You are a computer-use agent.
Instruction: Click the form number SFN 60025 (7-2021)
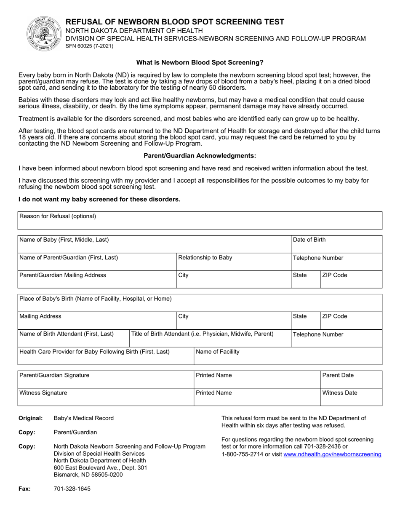pyautogui.click(x=89, y=46)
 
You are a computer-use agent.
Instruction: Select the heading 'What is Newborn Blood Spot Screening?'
pyautogui.click(x=200, y=62)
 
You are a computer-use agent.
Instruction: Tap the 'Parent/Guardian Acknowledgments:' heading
pyautogui.click(x=200, y=155)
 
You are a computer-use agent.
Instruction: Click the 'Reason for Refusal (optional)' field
pyautogui.click(x=200, y=220)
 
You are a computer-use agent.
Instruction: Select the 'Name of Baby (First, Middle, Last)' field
pyautogui.click(x=154, y=244)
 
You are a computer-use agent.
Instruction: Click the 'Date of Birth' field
pyautogui.click(x=336, y=244)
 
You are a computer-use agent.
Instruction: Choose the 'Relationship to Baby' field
pyautogui.click(x=233, y=262)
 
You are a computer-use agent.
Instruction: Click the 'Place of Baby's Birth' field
pyautogui.click(x=200, y=303)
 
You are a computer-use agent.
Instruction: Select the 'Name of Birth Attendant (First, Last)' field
pyautogui.click(x=73, y=338)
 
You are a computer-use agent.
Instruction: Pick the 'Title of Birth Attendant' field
pyautogui.click(x=210, y=338)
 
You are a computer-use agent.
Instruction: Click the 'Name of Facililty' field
pyautogui.click(x=288, y=356)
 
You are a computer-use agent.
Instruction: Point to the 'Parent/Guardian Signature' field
pyautogui.click(x=105, y=379)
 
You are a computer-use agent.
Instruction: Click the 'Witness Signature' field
pyautogui.click(x=105, y=397)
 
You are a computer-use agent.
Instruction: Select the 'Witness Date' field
pyautogui.click(x=351, y=397)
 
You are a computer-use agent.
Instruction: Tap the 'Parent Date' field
pyautogui.click(x=351, y=379)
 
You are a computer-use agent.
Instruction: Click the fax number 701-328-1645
pyautogui.click(x=72, y=489)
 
